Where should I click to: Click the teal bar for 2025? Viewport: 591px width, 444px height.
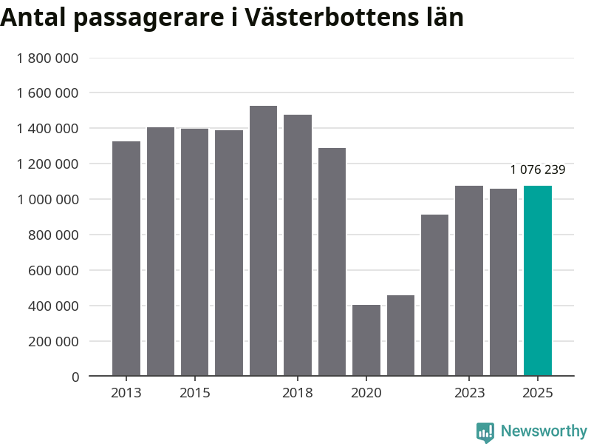(537, 281)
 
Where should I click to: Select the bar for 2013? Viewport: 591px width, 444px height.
(126, 259)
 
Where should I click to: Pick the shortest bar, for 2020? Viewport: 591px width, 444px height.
(366, 340)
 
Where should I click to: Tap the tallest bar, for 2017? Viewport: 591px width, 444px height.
(263, 241)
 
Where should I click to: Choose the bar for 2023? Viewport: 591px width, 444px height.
(469, 281)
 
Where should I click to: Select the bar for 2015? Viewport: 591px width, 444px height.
(195, 252)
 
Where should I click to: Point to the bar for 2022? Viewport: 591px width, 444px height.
(434, 295)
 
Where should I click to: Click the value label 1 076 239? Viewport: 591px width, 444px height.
(537, 170)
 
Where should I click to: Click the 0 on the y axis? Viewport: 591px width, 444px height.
(75, 377)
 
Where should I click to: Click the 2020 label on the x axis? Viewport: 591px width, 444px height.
(366, 393)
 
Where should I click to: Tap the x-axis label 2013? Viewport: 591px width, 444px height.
(126, 393)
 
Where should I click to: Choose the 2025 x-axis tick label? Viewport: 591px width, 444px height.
(537, 393)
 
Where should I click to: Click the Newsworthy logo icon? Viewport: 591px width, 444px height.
(485, 432)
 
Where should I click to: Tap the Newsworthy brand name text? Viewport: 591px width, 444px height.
(544, 431)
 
